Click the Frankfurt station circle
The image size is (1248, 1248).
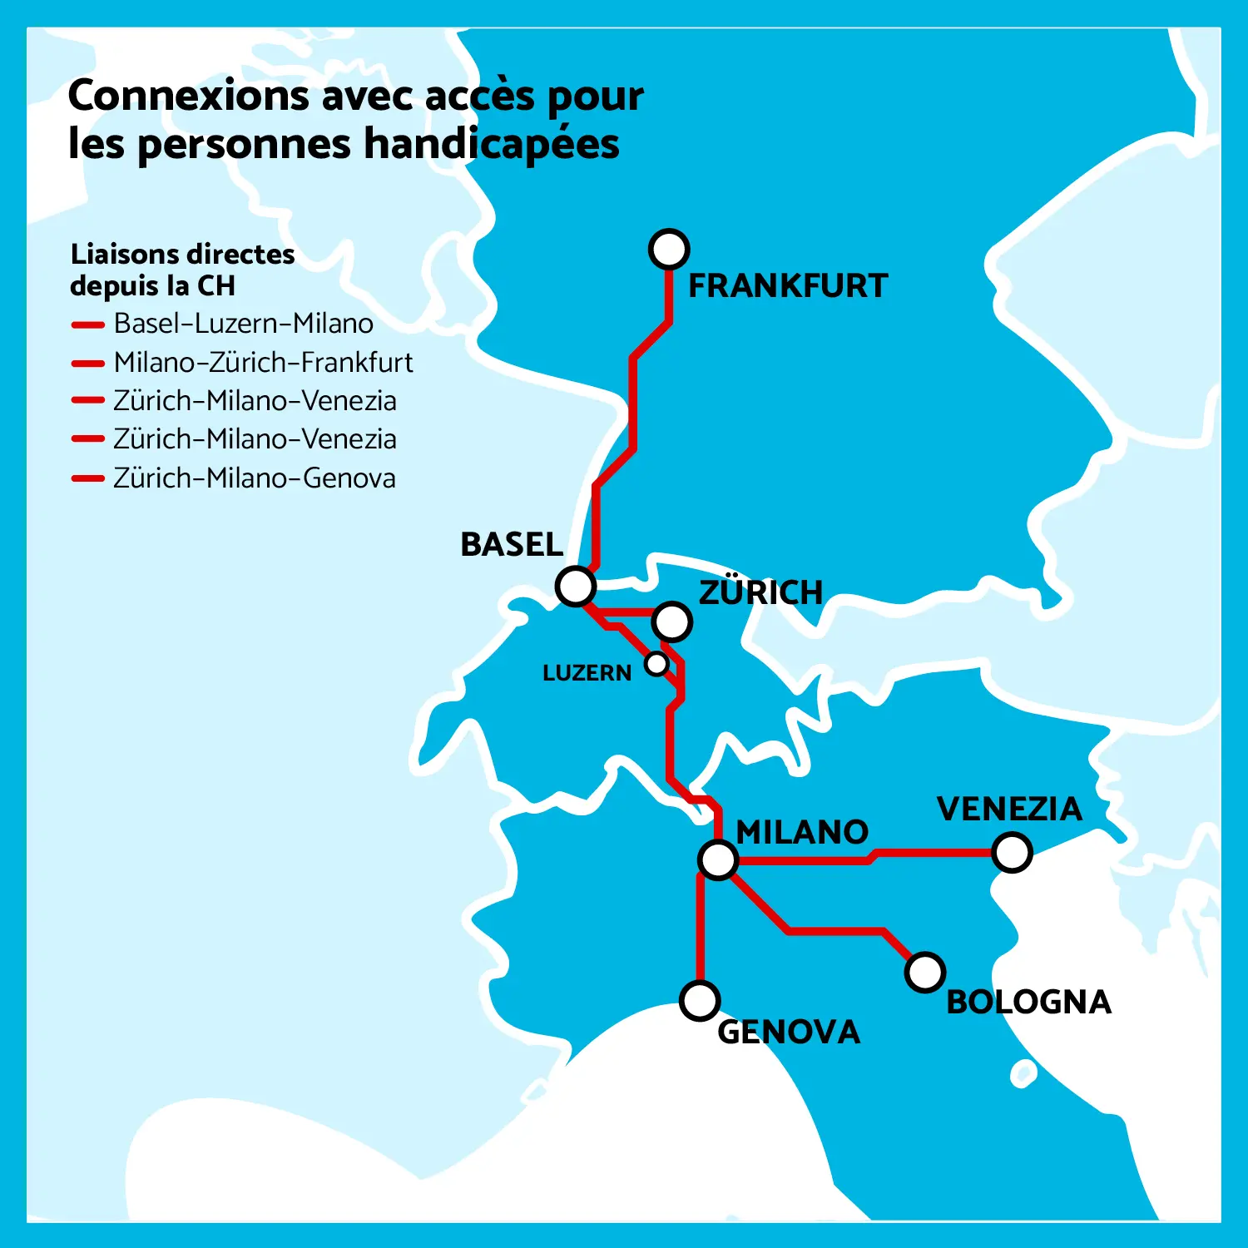pos(669,249)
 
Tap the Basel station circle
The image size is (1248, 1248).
pos(576,587)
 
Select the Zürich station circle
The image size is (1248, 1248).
pos(672,621)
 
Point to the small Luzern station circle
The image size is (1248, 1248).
pos(657,664)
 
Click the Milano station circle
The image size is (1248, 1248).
pos(718,859)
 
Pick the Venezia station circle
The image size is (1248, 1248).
pos(1012,853)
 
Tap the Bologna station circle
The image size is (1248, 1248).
pos(924,972)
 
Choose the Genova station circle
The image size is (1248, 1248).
pos(700,1001)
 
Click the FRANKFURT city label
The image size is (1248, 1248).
pos(788,286)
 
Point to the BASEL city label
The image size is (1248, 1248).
pos(512,545)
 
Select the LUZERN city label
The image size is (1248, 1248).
pos(587,673)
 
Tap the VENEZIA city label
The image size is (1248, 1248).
pos(1009,810)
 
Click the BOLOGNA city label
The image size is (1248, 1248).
pos(1029,1003)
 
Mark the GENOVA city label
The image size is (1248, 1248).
pos(789,1033)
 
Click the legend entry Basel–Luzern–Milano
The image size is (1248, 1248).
pos(243,324)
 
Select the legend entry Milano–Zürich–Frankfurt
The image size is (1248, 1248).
pos(263,363)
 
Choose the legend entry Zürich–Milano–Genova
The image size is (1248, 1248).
pos(254,478)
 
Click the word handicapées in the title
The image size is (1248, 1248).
pos(492,144)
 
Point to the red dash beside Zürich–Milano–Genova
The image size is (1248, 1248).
pos(87,478)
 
